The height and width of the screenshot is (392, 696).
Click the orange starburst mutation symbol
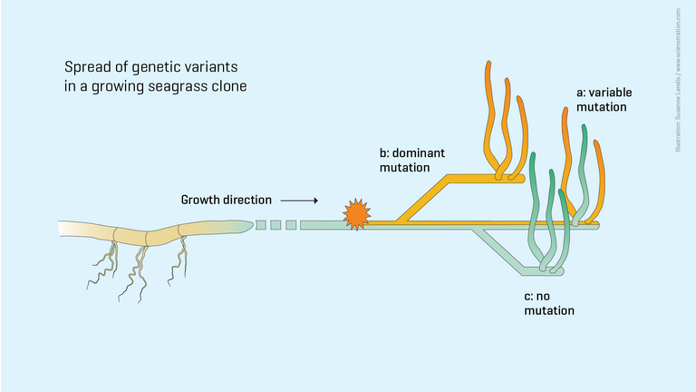[356, 214]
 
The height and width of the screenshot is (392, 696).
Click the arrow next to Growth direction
[299, 199]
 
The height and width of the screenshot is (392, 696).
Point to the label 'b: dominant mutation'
[418, 160]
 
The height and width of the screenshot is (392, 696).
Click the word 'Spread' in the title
[84, 67]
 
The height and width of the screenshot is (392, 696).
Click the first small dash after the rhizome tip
[261, 224]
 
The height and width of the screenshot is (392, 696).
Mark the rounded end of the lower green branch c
[563, 271]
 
